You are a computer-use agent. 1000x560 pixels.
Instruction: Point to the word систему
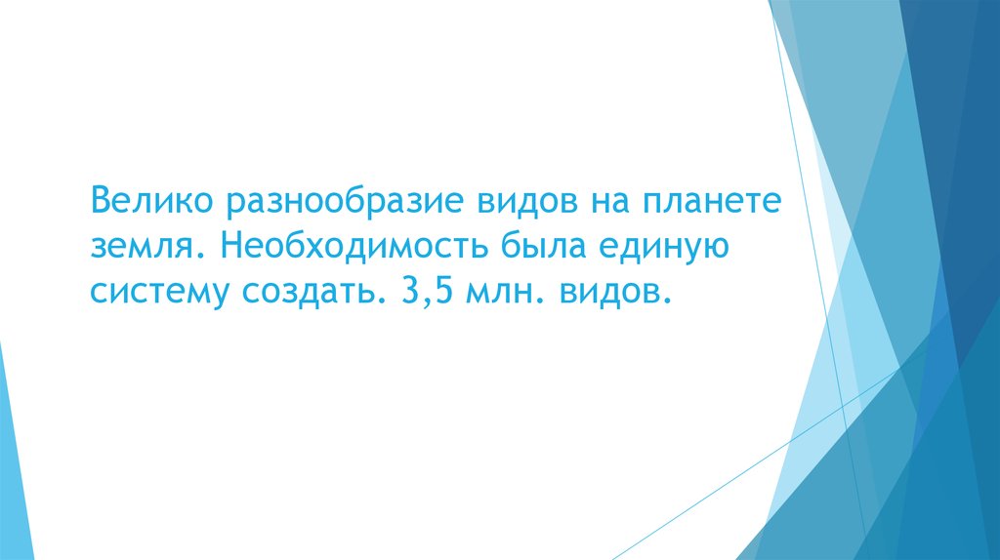pos(155,291)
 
